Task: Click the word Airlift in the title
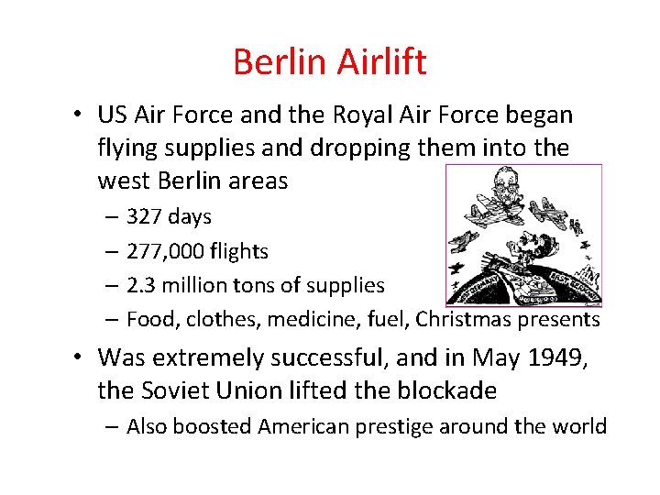pyautogui.click(x=386, y=62)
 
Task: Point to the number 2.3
pyautogui.click(x=141, y=285)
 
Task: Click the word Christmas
pyautogui.click(x=461, y=319)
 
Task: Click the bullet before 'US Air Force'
pyautogui.click(x=81, y=116)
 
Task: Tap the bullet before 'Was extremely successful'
pyautogui.click(x=81, y=357)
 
